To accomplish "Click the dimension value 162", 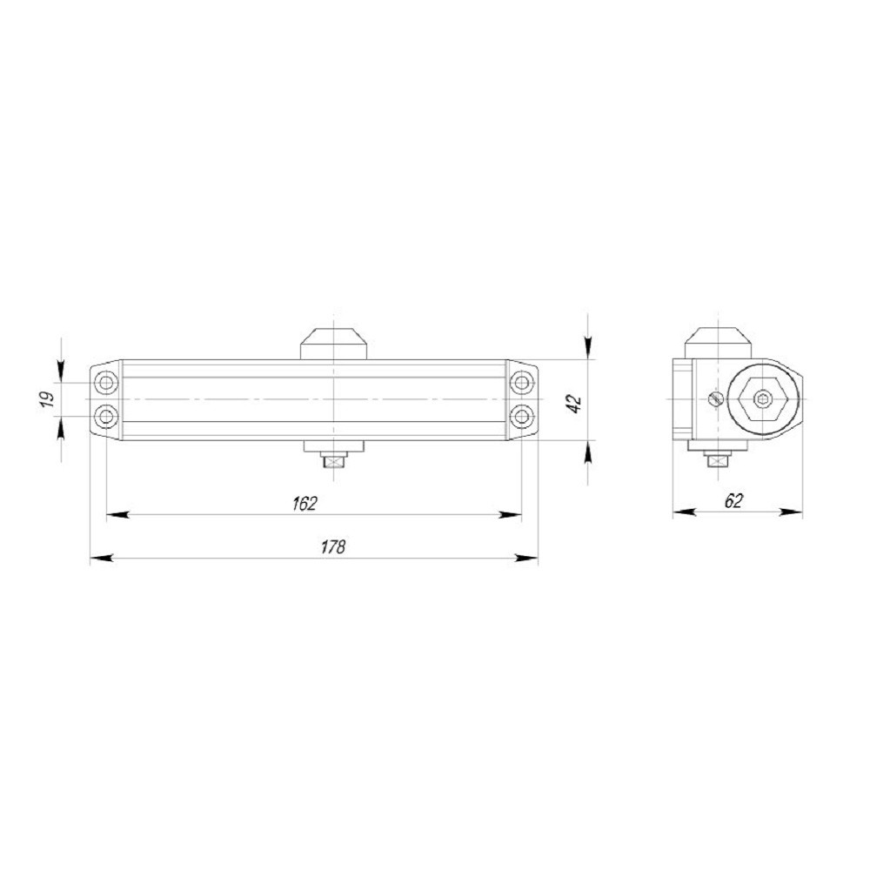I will click(x=305, y=503).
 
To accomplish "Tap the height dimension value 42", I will click(x=573, y=401).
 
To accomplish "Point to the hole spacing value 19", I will click(x=49, y=399).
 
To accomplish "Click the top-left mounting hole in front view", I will click(x=106, y=382).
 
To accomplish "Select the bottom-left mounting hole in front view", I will click(x=106, y=417).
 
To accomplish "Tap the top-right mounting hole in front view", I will click(x=520, y=382).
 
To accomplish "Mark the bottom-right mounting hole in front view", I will click(x=520, y=417).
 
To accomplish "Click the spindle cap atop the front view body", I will click(x=333, y=343).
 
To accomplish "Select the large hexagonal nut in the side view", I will click(x=763, y=400).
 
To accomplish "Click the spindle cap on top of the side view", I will click(x=718, y=341).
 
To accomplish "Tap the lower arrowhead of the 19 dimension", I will click(x=60, y=428).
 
